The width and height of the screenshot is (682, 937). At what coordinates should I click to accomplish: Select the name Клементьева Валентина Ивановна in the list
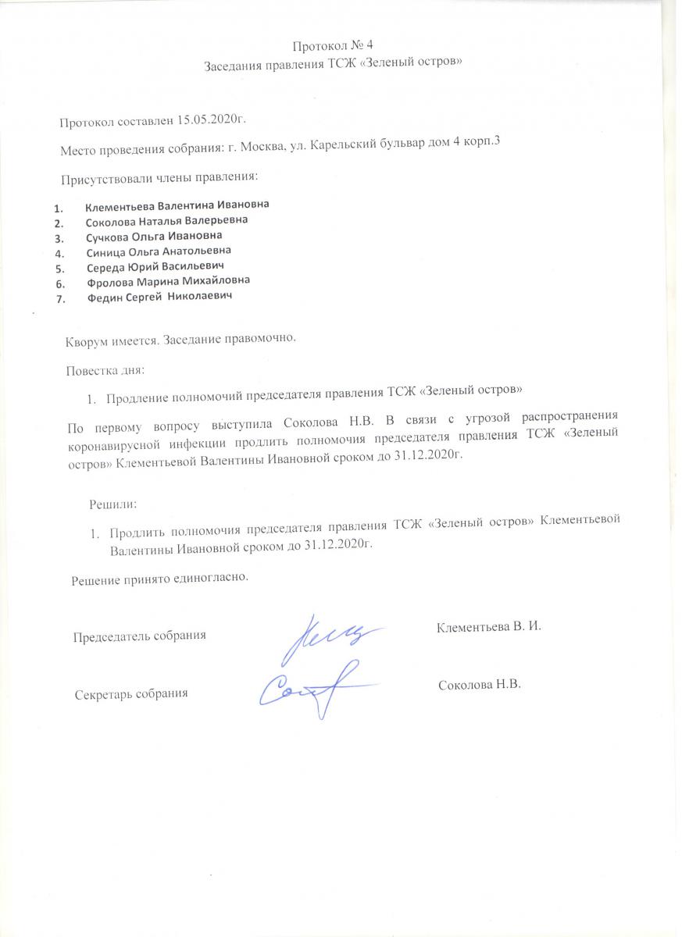click(177, 206)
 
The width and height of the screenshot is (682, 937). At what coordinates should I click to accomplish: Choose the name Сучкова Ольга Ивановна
click(154, 236)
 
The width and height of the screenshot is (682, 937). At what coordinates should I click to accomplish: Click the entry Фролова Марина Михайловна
click(168, 281)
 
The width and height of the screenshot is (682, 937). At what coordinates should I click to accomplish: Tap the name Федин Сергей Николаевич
click(159, 297)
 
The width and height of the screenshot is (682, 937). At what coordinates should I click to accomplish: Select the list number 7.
click(59, 297)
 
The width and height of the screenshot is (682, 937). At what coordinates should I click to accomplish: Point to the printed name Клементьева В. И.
click(489, 626)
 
